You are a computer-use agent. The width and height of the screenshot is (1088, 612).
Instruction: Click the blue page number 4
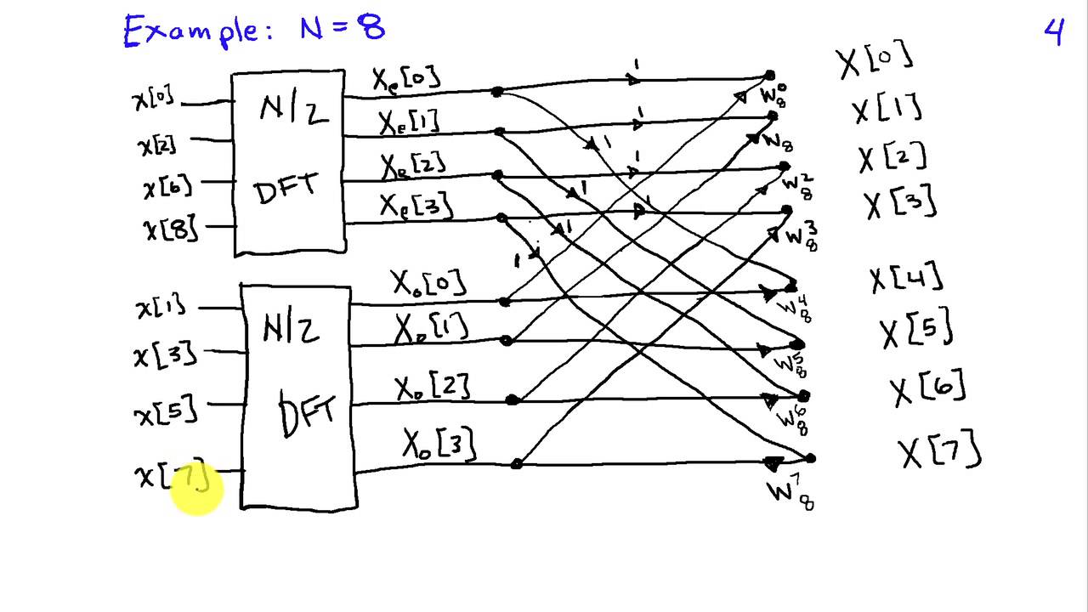(1054, 31)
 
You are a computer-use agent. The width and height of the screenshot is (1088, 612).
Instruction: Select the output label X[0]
(875, 60)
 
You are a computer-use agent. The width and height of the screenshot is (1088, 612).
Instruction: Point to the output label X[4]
(906, 279)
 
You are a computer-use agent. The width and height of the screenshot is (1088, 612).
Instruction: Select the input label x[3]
(165, 352)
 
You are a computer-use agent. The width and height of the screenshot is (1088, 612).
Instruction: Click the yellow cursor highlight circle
(195, 490)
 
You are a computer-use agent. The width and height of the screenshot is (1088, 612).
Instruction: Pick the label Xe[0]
(406, 79)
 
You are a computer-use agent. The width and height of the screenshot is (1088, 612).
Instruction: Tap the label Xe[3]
(416, 205)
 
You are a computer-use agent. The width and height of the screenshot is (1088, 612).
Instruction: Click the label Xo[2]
(432, 388)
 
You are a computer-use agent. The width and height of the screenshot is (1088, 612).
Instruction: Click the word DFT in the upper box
(287, 189)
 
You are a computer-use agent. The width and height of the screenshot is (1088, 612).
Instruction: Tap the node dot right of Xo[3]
(516, 464)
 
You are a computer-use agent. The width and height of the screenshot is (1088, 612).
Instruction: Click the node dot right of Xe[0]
(497, 92)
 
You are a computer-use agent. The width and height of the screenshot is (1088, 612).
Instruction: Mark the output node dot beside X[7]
(810, 458)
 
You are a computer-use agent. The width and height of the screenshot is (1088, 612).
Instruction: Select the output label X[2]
(892, 158)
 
